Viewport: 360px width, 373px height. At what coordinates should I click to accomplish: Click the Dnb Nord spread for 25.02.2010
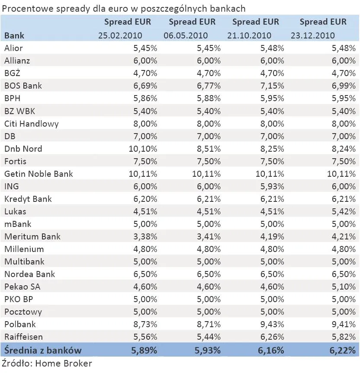coord(143,149)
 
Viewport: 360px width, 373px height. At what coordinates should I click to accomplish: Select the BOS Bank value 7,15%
coord(272,86)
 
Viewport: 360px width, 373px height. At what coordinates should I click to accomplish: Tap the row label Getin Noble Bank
coord(39,174)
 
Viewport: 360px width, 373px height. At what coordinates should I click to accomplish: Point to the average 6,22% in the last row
coord(342,350)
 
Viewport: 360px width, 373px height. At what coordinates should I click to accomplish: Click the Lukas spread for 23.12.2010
coord(342,211)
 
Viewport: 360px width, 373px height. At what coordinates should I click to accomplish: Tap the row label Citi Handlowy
coord(32,124)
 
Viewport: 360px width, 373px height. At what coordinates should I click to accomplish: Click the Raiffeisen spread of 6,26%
coord(272,336)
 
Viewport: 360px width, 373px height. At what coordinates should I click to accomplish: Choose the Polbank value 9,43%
coord(272,324)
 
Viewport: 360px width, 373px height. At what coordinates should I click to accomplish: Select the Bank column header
coord(14,35)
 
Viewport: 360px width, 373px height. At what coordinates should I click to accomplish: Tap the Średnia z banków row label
coord(43,350)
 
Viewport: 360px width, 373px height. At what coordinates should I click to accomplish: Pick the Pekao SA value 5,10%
coord(342,287)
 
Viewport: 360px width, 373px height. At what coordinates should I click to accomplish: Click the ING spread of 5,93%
coord(272,186)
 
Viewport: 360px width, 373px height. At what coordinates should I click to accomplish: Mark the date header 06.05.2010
coord(186,35)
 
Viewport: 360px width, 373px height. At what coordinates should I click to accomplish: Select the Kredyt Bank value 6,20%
coord(145,199)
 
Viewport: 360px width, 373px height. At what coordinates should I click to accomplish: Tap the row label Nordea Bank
coord(30,274)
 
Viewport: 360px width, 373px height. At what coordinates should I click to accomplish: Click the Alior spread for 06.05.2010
coord(209,48)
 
